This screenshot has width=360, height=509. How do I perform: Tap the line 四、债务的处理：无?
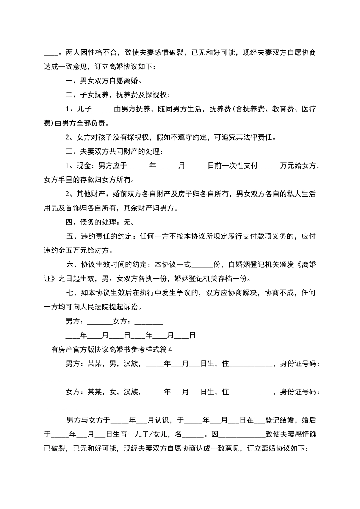(100, 222)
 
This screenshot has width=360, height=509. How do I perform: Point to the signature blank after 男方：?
(100, 321)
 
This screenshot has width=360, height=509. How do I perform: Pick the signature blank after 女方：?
(149, 321)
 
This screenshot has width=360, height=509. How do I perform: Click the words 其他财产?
(91, 194)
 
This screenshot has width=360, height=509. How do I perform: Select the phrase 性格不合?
(103, 53)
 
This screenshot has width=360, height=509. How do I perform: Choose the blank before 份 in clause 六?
(202, 265)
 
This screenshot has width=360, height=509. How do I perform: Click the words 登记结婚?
(280, 420)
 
